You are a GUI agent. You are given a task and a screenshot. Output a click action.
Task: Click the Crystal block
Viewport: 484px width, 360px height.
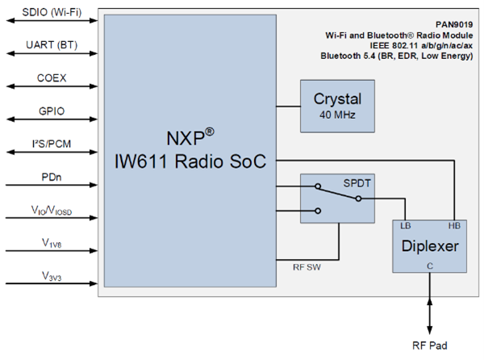338,106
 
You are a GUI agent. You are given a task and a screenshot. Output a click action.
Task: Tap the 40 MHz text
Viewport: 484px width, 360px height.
338,115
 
